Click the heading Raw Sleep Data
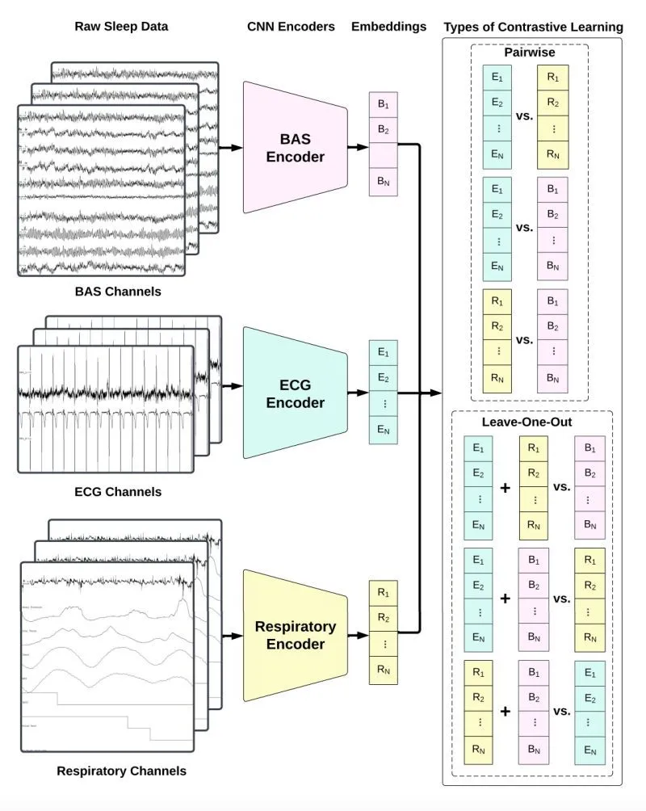coord(121,26)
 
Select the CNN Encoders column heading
coord(291,26)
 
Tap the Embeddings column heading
coord(388,26)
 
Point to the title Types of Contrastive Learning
coord(533,27)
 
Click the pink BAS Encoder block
coord(296,148)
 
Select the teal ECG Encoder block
coord(296,394)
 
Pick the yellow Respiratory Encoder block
coord(296,636)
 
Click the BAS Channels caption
coord(121,292)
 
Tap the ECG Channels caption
coord(121,492)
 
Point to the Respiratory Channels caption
coord(121,771)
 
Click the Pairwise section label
coord(529,53)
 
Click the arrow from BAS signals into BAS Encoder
coord(231,148)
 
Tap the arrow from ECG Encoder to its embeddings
coord(358,394)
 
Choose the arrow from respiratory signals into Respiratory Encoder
coord(231,636)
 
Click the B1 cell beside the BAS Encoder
coord(383,105)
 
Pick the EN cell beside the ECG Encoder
coord(383,431)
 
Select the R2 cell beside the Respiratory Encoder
coord(383,619)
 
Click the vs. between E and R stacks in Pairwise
coord(524,116)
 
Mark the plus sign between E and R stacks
coord(505,488)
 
